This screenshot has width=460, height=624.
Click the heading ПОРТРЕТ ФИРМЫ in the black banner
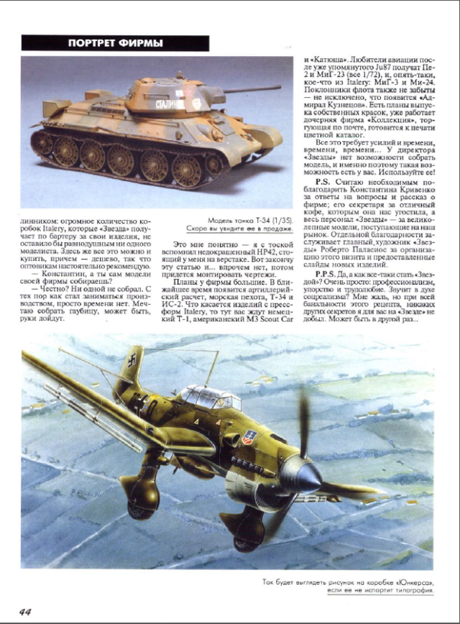click(115, 43)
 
